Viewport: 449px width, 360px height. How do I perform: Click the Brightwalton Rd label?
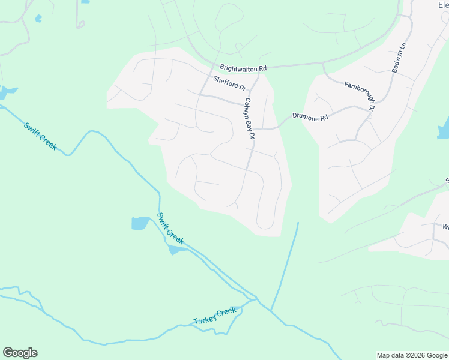tap(243, 69)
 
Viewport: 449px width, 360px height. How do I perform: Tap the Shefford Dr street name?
tap(230, 83)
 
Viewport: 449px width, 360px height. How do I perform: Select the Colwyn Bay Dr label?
tap(250, 119)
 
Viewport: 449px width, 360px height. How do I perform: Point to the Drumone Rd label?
tap(310, 117)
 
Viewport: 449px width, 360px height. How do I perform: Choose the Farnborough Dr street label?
tap(359, 96)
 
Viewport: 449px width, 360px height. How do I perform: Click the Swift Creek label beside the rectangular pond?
tap(170, 227)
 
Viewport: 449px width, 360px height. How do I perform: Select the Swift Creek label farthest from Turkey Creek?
tap(40, 136)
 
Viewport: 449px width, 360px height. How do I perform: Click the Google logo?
tap(20, 353)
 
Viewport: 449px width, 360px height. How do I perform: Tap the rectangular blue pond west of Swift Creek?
tap(140, 223)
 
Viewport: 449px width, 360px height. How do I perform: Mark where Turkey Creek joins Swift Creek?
tap(256, 298)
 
